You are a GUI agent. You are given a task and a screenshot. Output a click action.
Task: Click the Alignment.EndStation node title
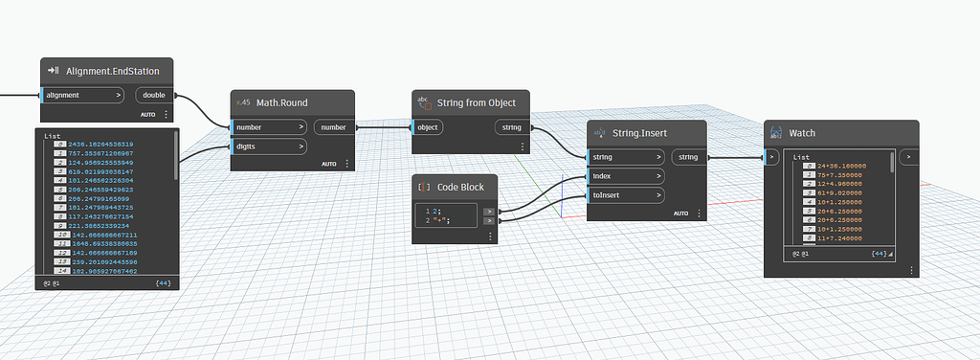(x=120, y=71)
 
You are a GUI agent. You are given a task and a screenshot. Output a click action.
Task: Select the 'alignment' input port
(x=82, y=95)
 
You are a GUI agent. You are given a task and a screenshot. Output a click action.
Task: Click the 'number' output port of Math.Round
(x=334, y=126)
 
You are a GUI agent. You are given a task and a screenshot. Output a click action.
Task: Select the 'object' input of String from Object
(x=429, y=126)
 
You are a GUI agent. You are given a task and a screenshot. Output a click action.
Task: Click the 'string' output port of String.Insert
(x=689, y=156)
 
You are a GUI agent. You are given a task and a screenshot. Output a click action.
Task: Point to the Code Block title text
(x=461, y=188)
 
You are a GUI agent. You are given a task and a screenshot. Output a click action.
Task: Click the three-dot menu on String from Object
(x=523, y=146)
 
